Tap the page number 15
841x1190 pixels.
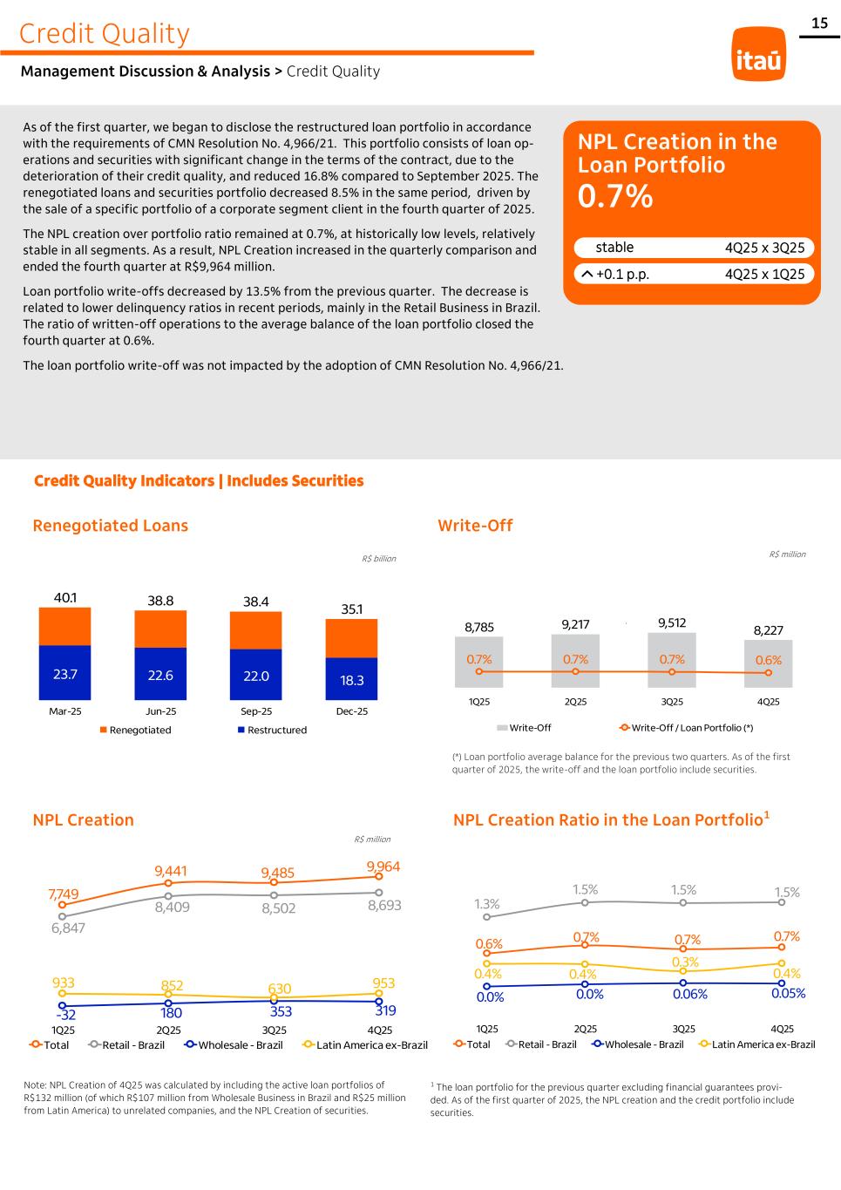tap(819, 24)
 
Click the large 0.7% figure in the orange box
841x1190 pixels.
tap(615, 197)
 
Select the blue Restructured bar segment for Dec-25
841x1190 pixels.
tap(351, 679)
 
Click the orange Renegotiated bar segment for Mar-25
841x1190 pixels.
tap(64, 626)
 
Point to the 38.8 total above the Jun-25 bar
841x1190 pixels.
tap(160, 601)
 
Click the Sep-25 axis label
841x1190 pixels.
tap(255, 711)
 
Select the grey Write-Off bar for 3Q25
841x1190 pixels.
tap(672, 659)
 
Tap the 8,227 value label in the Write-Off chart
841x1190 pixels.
tap(768, 630)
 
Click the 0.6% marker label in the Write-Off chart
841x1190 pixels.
tap(768, 660)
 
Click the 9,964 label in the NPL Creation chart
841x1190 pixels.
tap(383, 867)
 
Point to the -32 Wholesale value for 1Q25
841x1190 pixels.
tap(65, 1015)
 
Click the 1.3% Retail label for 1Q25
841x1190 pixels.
tap(487, 904)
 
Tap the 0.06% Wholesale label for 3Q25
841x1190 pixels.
tap(689, 994)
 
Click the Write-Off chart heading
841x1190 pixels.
tap(475, 526)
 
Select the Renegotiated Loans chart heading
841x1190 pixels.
tap(110, 526)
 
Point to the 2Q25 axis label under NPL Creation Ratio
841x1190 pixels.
tap(586, 1029)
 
